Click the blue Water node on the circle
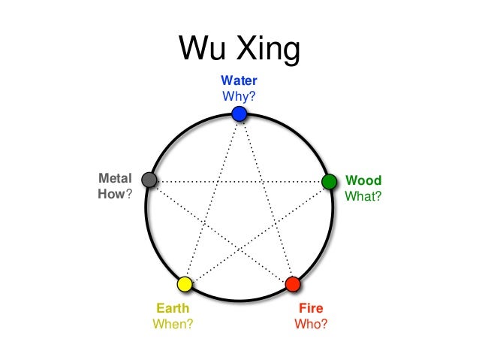tap(239, 113)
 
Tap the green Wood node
tap(329, 181)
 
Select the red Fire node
tap(293, 284)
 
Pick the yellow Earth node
tap(184, 284)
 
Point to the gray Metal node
tap(149, 180)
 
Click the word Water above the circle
tap(239, 79)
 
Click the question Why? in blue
tap(239, 95)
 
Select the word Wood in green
tap(363, 180)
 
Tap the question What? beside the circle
tap(363, 196)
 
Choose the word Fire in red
tap(311, 308)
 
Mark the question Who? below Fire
tap(311, 324)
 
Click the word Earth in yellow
tap(173, 308)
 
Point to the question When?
tap(173, 324)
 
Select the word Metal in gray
tap(115, 178)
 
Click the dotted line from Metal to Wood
tap(239, 181)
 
